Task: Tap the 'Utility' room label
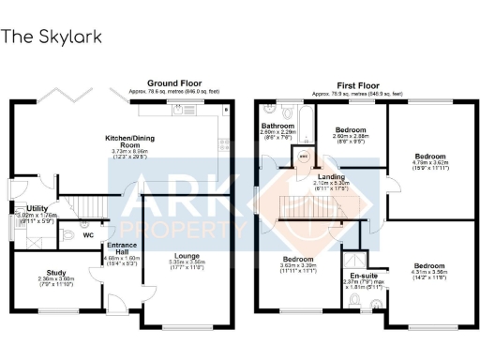37,209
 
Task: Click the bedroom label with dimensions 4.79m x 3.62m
431,156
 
